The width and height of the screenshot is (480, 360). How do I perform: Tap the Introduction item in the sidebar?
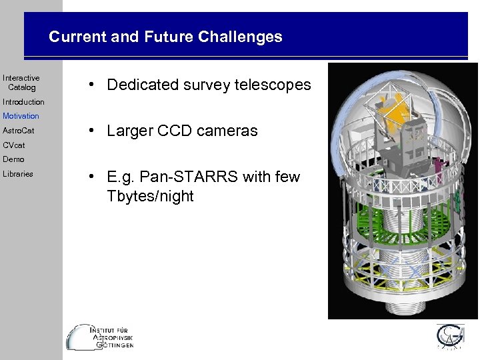coord(23,102)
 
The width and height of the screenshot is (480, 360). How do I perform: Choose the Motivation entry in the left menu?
coord(21,116)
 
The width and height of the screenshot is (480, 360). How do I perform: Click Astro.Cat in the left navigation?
coord(18,131)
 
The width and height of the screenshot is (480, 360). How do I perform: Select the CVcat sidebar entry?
coord(13,145)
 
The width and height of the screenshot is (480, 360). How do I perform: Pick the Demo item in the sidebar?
coord(13,159)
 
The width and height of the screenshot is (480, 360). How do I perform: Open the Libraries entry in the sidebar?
coord(18,174)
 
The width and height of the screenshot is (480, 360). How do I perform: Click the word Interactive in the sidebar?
coord(21,79)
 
